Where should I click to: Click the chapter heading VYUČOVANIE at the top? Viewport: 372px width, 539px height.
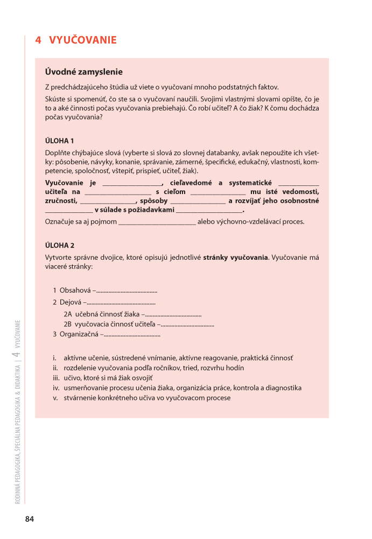click(83, 40)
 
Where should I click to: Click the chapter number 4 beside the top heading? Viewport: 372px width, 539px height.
click(38, 40)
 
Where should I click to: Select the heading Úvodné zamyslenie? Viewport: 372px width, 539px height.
click(84, 72)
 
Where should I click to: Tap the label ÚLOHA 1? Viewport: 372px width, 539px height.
click(60, 141)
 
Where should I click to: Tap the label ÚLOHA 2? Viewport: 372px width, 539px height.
click(60, 245)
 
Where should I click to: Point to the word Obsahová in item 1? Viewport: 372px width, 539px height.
click(75, 291)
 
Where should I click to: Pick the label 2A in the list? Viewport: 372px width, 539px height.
click(68, 314)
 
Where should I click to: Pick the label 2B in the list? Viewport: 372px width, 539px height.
click(68, 324)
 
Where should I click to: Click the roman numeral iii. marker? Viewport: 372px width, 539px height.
click(55, 378)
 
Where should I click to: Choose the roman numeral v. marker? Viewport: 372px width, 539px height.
click(55, 398)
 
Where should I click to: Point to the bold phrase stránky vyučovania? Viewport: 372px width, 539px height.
click(235, 257)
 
